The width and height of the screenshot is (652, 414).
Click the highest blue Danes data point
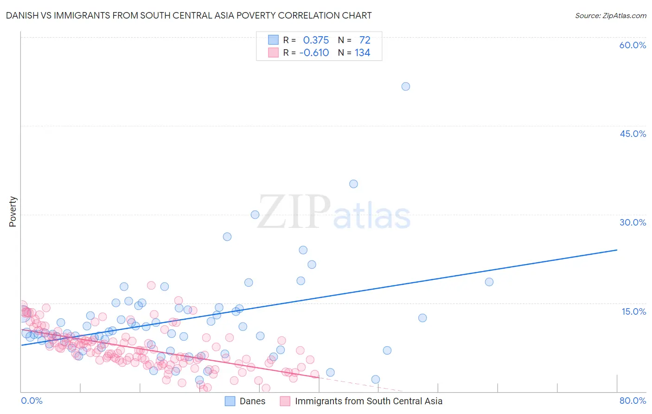[406, 86]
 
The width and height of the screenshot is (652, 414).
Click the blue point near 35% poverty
[353, 184]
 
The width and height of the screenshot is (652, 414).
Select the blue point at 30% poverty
[255, 214]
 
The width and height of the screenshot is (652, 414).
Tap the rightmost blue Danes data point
[489, 282]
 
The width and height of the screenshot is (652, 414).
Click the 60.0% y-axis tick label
[633, 45]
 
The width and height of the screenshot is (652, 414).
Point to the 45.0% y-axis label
[633, 134]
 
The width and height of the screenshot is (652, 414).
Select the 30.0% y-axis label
[633, 222]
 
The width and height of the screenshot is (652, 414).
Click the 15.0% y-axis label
[633, 311]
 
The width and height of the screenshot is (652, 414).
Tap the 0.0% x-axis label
[32, 401]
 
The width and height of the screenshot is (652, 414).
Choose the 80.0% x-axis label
[633, 401]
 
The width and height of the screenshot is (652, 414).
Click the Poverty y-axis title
[13, 212]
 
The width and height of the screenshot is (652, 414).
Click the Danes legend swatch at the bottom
[230, 401]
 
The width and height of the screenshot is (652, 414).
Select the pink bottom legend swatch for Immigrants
[285, 401]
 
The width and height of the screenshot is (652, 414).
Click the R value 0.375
[316, 40]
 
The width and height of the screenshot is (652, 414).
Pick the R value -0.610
[314, 52]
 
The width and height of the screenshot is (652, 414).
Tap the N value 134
[362, 52]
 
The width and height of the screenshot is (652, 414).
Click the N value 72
[364, 40]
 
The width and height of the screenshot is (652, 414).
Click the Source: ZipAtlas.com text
[610, 15]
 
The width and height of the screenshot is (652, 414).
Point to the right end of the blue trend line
[617, 250]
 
